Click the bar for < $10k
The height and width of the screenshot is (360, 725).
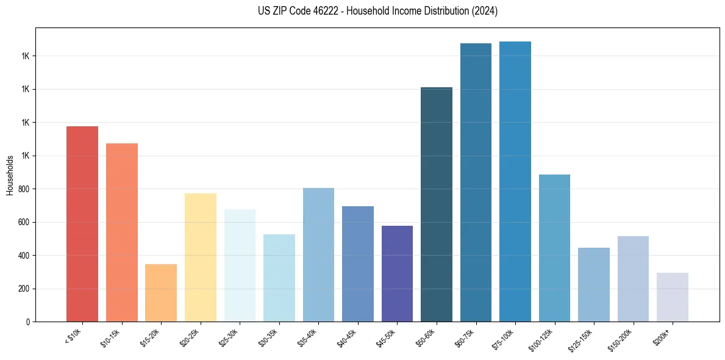82,224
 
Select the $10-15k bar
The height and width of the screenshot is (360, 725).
122,232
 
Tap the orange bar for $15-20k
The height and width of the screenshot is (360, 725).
161,293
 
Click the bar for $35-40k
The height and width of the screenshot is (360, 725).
318,254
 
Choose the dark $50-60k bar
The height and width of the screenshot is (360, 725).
437,204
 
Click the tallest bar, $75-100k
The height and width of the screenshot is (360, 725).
515,181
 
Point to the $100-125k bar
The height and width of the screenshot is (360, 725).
554,248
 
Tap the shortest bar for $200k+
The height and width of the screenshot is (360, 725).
673,297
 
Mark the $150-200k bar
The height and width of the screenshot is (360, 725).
633,279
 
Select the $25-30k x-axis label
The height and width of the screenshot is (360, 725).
227,336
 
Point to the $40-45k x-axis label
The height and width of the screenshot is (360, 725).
346,336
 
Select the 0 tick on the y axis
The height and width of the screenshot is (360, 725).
29,322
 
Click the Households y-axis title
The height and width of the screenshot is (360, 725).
10,175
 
